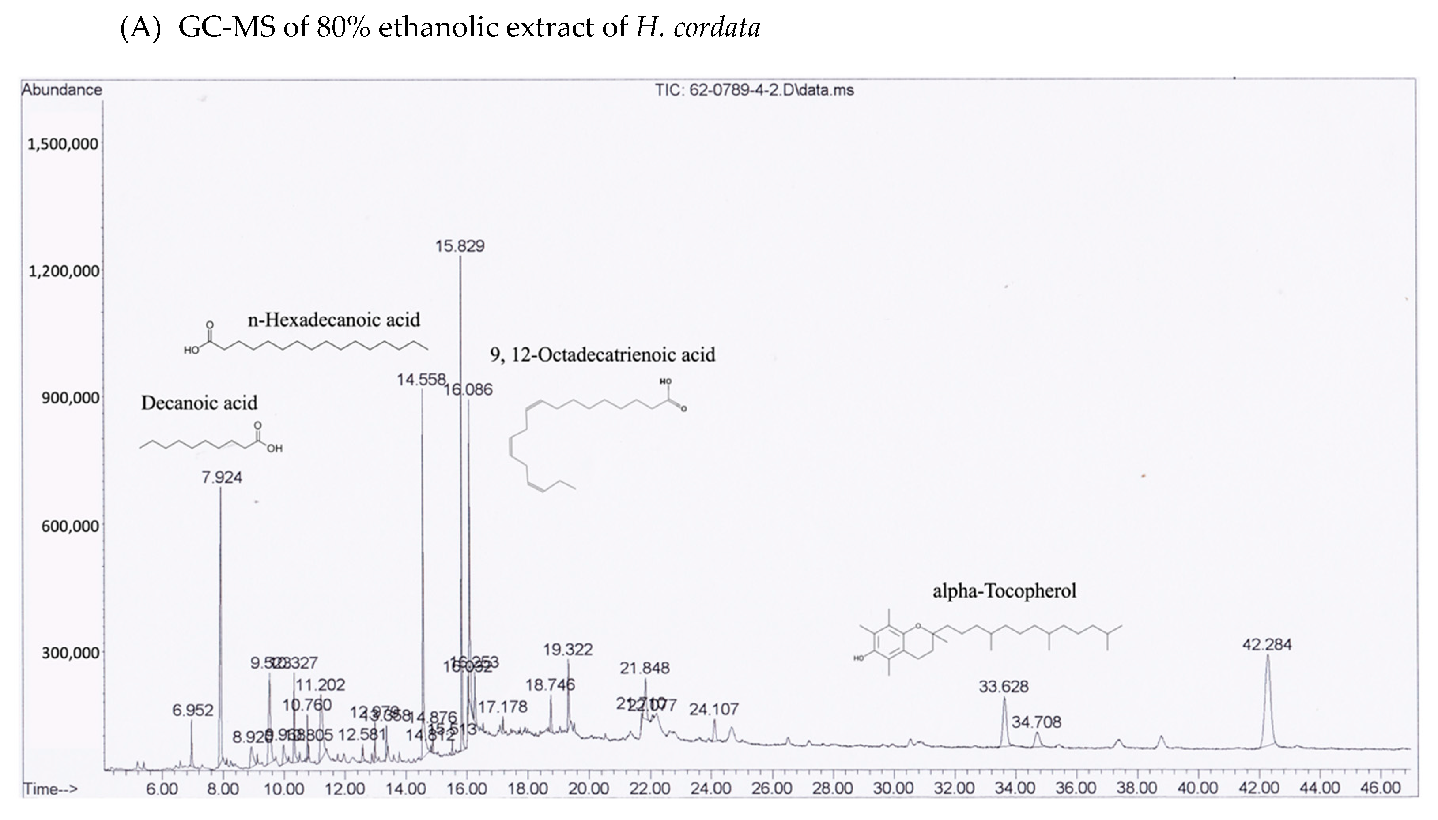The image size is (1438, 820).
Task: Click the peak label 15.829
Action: tap(460, 246)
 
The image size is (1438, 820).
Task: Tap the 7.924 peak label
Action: tap(222, 478)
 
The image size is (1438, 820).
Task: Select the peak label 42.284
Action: tap(1267, 644)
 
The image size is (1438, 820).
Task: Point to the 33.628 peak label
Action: tap(1004, 686)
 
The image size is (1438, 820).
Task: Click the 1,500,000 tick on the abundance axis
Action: tap(63, 144)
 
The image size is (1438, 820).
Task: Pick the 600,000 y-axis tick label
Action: tap(70, 526)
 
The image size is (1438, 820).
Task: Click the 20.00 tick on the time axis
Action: tap(589, 788)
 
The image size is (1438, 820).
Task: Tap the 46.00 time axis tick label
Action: tap(1380, 788)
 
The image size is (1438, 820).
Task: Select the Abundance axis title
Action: tap(62, 90)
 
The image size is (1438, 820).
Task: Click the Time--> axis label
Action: tap(50, 789)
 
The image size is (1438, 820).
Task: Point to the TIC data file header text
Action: tap(754, 90)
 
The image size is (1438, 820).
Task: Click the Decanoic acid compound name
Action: tap(199, 403)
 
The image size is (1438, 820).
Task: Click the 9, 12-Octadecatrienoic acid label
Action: tap(602, 355)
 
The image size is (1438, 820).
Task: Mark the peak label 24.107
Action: tap(713, 709)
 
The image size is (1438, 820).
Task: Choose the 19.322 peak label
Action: tap(568, 650)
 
